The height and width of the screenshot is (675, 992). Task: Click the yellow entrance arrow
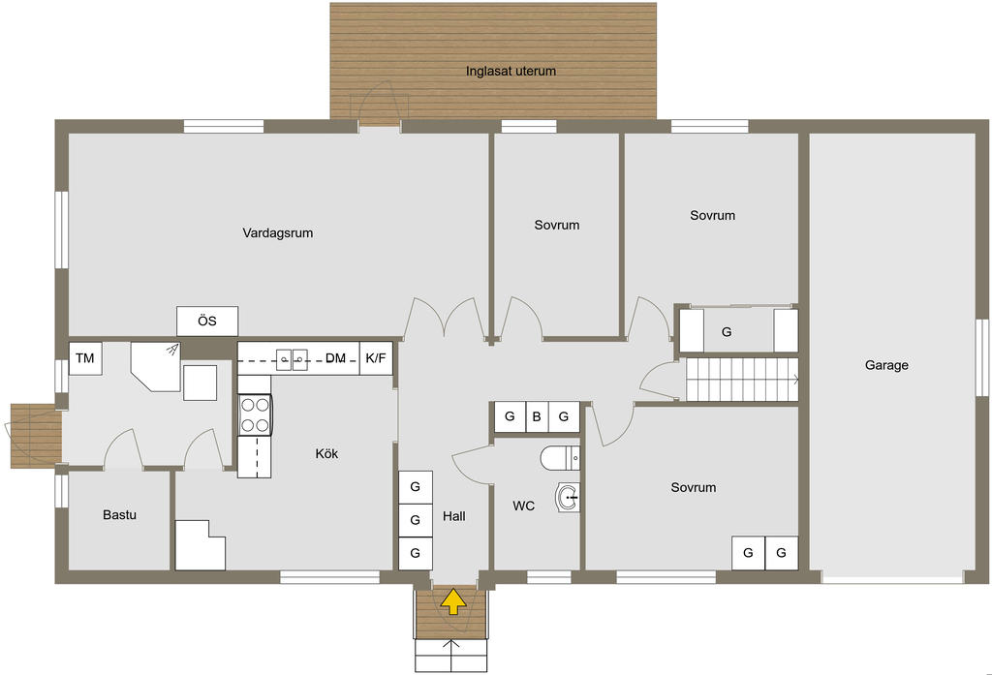pyautogui.click(x=453, y=601)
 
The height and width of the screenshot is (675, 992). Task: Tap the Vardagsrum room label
pyautogui.click(x=278, y=232)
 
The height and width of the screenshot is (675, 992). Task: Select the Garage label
pyautogui.click(x=886, y=365)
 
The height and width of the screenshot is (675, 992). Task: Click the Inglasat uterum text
pyautogui.click(x=511, y=71)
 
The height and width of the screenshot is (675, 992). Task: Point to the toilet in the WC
pyautogui.click(x=560, y=458)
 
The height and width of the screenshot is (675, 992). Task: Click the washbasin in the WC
pyautogui.click(x=568, y=497)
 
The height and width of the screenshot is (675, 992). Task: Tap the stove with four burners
pyautogui.click(x=255, y=415)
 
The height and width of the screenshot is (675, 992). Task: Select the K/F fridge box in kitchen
pyautogui.click(x=376, y=358)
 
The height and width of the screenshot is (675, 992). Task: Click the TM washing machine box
pyautogui.click(x=85, y=358)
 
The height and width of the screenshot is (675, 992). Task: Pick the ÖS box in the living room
pyautogui.click(x=207, y=322)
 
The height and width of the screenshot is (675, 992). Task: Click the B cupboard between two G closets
pyautogui.click(x=537, y=416)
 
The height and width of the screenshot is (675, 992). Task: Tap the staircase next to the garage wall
pyautogui.click(x=742, y=380)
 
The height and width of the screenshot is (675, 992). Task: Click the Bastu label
pyautogui.click(x=119, y=515)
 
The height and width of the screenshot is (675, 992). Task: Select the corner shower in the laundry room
pyautogui.click(x=156, y=366)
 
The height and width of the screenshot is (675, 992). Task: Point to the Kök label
pyautogui.click(x=326, y=453)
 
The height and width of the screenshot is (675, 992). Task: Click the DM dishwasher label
pyautogui.click(x=335, y=358)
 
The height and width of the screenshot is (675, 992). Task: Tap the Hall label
pyautogui.click(x=454, y=516)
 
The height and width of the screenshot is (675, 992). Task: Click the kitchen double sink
pyautogui.click(x=292, y=360)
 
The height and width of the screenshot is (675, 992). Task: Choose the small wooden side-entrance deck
pyautogui.click(x=36, y=436)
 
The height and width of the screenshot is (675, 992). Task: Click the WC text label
pyautogui.click(x=524, y=506)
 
